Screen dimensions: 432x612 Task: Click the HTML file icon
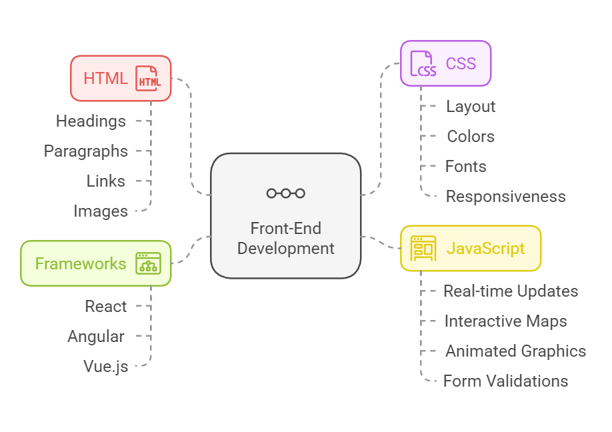click(x=148, y=78)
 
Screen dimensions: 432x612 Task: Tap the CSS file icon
click(x=423, y=63)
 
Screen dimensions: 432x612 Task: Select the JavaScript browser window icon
click(x=423, y=249)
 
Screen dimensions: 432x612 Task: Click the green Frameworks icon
click(x=148, y=263)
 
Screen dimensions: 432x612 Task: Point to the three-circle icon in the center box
click(x=286, y=193)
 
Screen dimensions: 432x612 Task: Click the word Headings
click(x=91, y=121)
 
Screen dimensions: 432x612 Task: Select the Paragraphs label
click(x=86, y=151)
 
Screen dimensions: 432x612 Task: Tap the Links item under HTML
click(x=105, y=181)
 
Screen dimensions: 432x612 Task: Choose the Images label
click(x=101, y=211)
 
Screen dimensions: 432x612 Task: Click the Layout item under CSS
click(x=471, y=106)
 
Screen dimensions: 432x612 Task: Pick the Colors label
click(x=471, y=136)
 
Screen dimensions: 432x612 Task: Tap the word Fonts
click(x=466, y=166)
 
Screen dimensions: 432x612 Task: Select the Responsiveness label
click(x=505, y=196)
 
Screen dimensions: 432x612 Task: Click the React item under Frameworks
click(x=105, y=306)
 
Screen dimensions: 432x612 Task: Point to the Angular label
click(x=96, y=336)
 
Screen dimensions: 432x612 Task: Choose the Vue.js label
click(x=105, y=366)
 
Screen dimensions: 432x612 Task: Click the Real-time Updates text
click(x=511, y=291)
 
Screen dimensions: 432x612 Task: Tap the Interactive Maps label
click(x=505, y=321)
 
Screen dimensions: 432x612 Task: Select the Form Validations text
click(x=505, y=381)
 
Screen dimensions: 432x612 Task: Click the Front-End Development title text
click(x=286, y=239)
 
